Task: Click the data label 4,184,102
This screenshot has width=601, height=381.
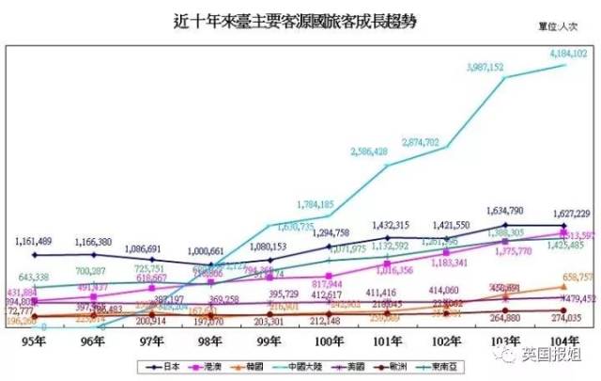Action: (566, 55)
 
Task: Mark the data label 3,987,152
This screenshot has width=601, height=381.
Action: (485, 67)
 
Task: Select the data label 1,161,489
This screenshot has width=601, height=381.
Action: (39, 242)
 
